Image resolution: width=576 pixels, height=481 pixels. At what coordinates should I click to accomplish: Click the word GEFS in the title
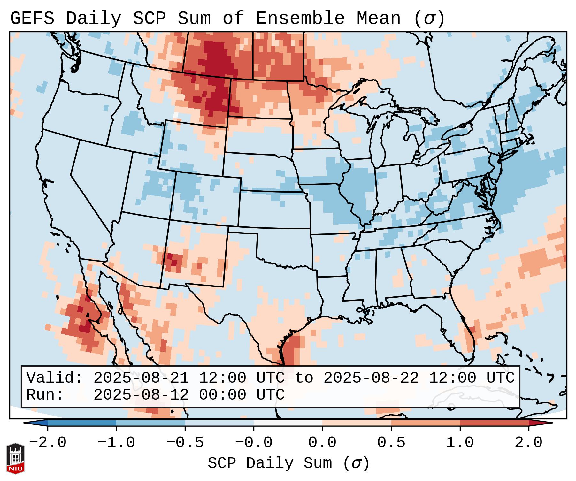[x=32, y=19]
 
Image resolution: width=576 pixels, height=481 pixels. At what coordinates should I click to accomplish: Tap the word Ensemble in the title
[x=300, y=19]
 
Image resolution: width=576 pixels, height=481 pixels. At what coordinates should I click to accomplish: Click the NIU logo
[x=15, y=458]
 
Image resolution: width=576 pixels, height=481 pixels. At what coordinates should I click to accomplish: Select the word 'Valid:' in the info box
[x=55, y=378]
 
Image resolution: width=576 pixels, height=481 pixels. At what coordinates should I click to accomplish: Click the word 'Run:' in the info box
[x=45, y=395]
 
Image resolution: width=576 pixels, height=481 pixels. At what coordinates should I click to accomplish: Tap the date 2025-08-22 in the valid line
[x=371, y=378]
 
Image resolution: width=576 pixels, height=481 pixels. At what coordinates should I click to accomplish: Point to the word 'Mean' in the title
[x=379, y=19]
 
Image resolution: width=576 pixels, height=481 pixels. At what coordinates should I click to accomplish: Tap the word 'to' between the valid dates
[x=304, y=378]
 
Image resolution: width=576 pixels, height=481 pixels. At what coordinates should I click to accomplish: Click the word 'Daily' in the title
[x=94, y=19]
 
